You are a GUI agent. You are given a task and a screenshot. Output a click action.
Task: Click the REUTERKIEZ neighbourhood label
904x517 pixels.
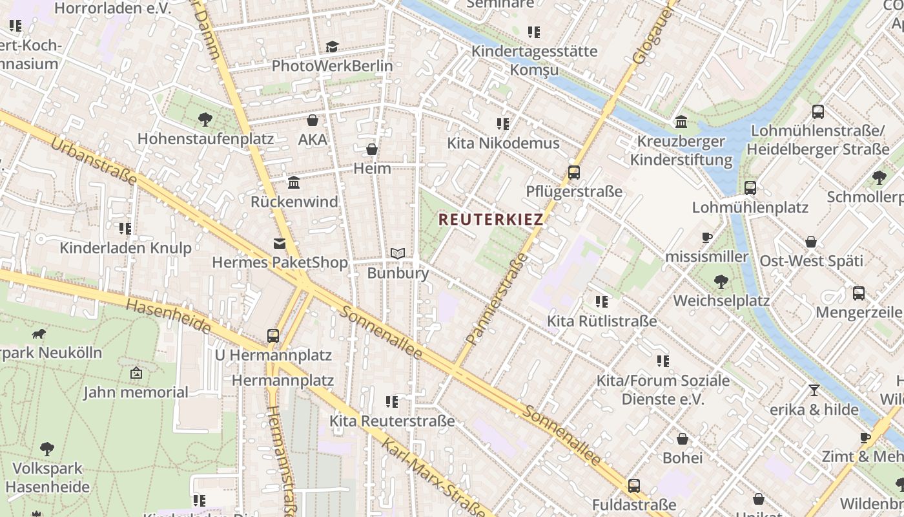tap(491, 219)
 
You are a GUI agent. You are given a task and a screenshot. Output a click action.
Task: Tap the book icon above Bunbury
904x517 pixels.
tap(398, 254)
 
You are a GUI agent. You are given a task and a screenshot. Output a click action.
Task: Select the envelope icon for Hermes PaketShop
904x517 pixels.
tap(280, 244)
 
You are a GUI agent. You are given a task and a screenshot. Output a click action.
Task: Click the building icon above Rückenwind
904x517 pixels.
tap(294, 183)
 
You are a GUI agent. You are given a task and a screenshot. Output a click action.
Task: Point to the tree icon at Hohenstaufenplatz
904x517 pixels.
tap(205, 120)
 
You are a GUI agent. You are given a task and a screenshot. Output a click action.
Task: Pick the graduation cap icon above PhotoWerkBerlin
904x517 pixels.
tap(332, 47)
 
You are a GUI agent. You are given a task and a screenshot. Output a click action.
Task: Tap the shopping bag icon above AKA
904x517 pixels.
tap(313, 121)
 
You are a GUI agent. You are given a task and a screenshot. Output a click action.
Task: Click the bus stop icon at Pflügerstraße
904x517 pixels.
tap(573, 173)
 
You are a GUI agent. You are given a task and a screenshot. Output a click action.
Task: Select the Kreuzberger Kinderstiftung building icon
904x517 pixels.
tap(681, 122)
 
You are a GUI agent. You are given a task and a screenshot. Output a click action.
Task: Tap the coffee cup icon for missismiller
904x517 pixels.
tap(707, 238)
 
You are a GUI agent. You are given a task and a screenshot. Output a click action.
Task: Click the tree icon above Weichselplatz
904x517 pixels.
tap(721, 282)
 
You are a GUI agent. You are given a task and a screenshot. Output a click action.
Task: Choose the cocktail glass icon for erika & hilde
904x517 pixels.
tap(814, 390)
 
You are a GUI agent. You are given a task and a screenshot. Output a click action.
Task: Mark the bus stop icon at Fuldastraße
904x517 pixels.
tap(634, 485)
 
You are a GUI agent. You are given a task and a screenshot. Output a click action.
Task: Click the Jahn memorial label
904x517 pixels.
tap(136, 392)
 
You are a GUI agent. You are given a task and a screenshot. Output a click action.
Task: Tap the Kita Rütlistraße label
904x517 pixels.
tap(602, 321)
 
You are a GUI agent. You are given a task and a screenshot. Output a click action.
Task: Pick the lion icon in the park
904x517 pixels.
tap(39, 334)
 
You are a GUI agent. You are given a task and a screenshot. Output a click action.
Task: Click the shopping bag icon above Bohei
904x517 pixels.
tap(683, 439)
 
